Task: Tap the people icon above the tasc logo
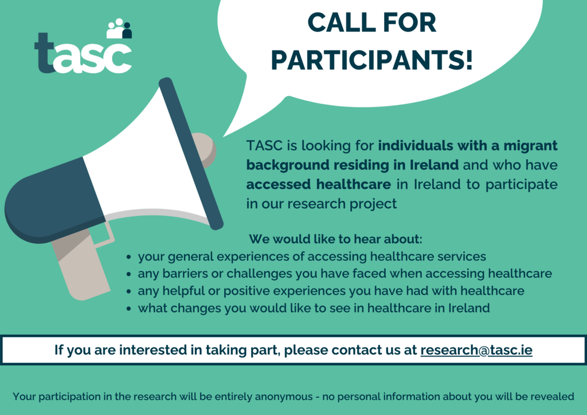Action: (119, 29)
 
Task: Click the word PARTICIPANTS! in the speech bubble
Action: (372, 60)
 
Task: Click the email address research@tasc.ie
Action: (476, 350)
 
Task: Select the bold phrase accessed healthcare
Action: (319, 185)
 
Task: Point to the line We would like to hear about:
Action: (335, 238)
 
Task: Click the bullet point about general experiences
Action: (312, 256)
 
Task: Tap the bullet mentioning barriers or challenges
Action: (345, 273)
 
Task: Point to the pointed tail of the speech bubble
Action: (229, 129)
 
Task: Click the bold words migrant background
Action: (401, 155)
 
